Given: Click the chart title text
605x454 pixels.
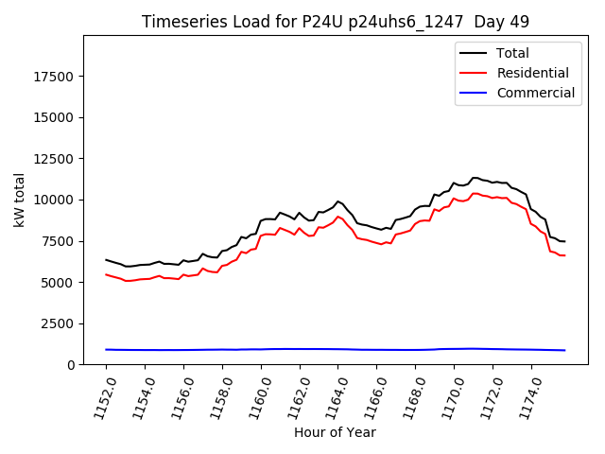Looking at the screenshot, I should click(336, 22).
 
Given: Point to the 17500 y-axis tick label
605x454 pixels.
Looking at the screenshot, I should click(55, 77).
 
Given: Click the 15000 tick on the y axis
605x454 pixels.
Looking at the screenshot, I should click(55, 117).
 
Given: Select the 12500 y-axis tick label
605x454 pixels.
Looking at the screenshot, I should click(55, 159).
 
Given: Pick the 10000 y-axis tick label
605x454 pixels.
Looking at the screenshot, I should click(55, 200).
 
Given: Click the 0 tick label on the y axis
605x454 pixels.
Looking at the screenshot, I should click(72, 365).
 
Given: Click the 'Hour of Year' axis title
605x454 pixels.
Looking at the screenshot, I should click(335, 432).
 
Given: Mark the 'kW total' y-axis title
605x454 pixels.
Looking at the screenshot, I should click(19, 201).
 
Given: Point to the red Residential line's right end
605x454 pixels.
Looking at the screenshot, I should click(564, 255).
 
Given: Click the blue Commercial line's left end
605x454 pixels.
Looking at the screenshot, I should click(106, 349).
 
